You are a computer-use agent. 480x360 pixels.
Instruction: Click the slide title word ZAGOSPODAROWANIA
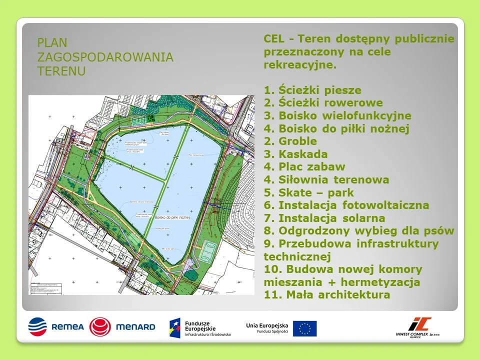click(x=105, y=57)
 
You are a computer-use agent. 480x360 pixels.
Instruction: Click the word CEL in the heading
click(x=273, y=39)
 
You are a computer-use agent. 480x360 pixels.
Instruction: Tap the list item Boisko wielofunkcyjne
click(x=337, y=116)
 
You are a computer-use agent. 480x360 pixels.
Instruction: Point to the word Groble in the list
click(x=297, y=141)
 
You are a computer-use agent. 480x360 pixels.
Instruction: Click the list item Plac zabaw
click(x=311, y=167)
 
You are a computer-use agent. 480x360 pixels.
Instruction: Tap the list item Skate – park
click(x=316, y=193)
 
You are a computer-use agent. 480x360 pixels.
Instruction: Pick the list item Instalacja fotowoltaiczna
click(x=353, y=205)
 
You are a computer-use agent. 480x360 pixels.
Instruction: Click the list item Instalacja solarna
click(x=331, y=218)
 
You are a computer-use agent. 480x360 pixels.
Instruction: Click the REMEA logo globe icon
click(x=37, y=327)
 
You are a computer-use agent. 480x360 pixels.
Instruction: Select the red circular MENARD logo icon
click(x=100, y=327)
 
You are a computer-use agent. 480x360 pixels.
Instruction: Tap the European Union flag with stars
click(x=304, y=328)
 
